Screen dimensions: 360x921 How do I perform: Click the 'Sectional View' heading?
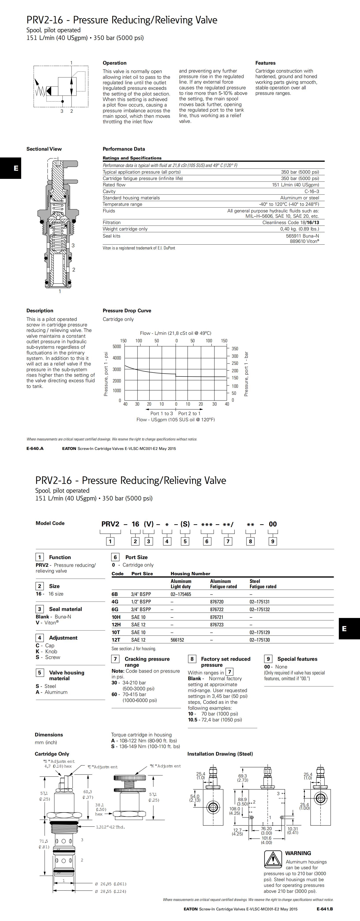pyautogui.click(x=44, y=149)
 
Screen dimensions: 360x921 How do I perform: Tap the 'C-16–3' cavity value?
pyautogui.click(x=311, y=191)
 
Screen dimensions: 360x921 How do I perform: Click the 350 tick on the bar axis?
pyautogui.click(x=235, y=349)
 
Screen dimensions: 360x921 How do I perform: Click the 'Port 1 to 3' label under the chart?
pyautogui.click(x=162, y=413)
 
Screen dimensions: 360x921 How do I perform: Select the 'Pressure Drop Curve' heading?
pyautogui.click(x=127, y=311)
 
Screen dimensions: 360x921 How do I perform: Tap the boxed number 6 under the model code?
pyautogui.click(x=207, y=541)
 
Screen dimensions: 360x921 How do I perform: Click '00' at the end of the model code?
pyautogui.click(x=273, y=524)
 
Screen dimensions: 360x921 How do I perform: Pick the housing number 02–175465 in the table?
pyautogui.click(x=181, y=594)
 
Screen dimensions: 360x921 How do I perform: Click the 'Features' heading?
pyautogui.click(x=265, y=63)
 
